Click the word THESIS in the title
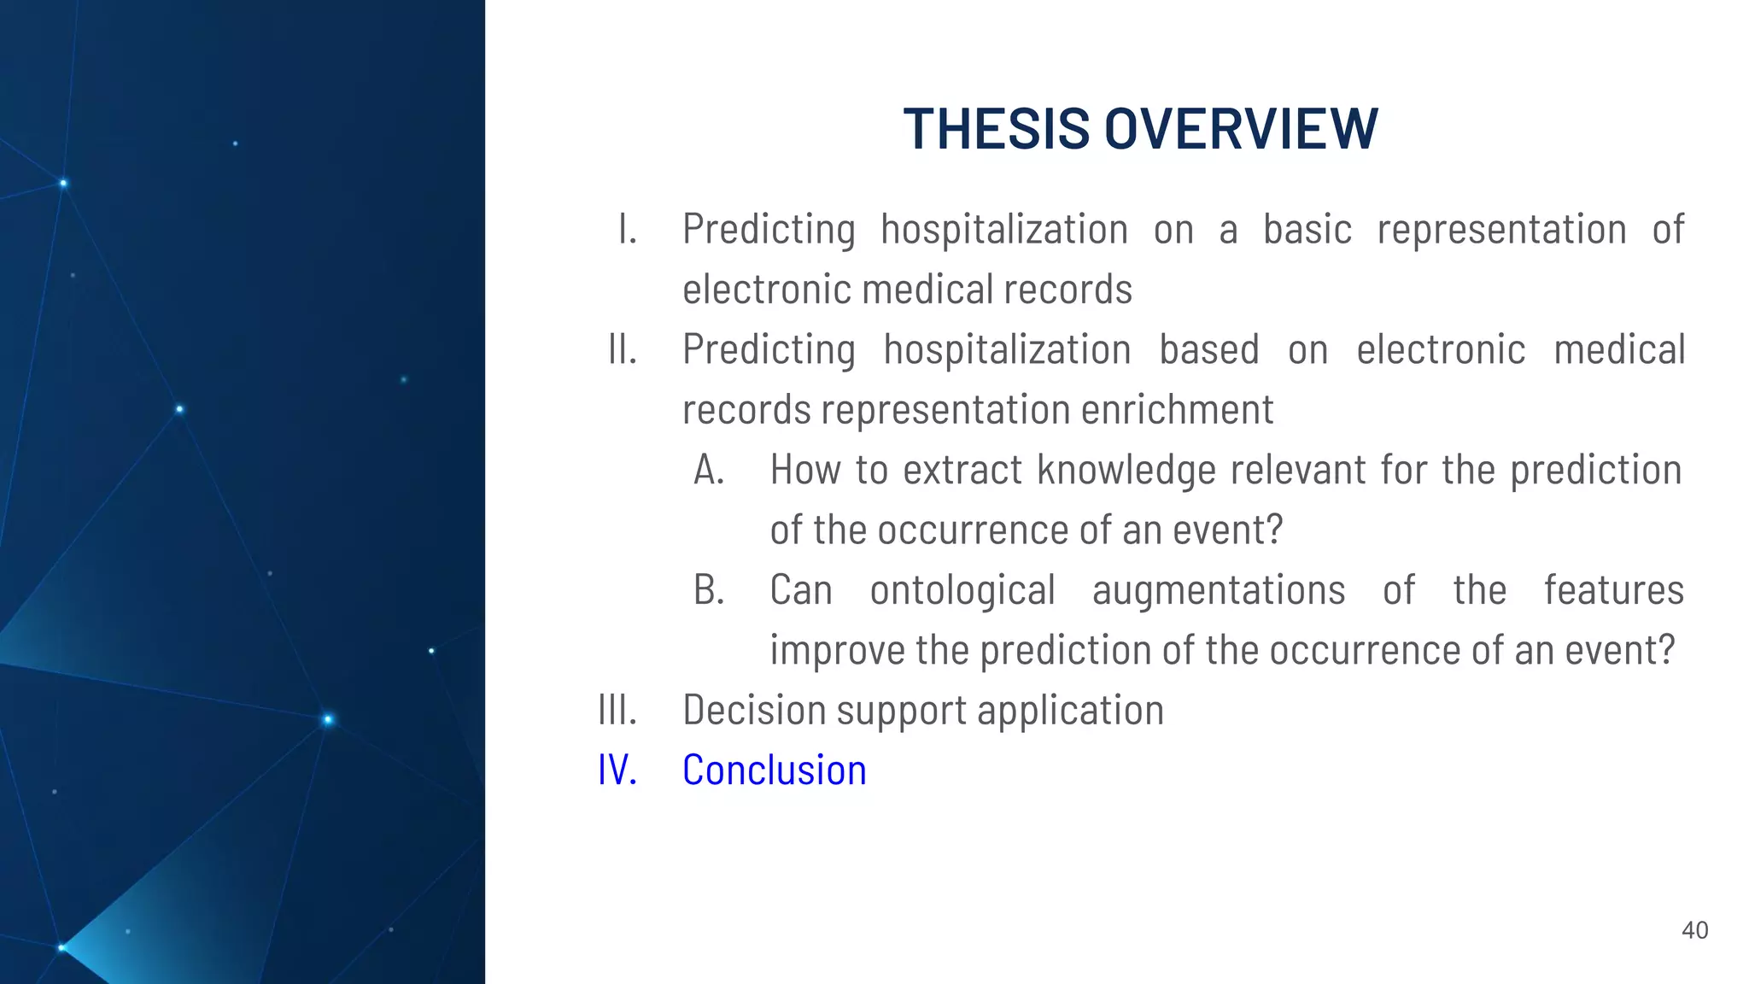997,129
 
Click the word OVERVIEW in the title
1241,129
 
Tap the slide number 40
1694,930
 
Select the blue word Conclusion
774,770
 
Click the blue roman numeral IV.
617,770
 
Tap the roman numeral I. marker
628,230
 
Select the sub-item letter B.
709,590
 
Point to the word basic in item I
1307,230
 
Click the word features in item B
1613,590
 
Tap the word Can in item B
800,590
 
